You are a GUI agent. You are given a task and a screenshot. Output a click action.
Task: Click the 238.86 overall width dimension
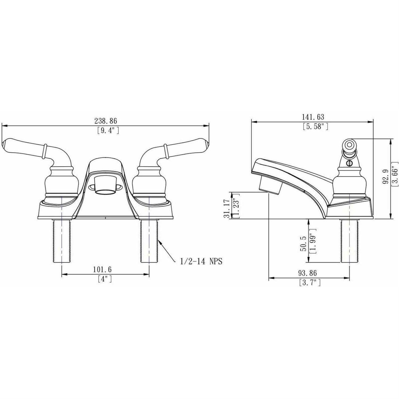point(106,121)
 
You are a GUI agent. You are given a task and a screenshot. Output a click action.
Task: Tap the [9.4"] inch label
point(106,131)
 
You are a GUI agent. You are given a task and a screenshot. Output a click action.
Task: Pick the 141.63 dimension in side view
point(313,117)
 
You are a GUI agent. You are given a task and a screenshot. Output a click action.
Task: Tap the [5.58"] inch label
point(315,126)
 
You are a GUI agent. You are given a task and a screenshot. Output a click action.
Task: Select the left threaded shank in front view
point(62,241)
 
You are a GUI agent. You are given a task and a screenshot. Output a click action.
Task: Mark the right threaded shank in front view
point(149,241)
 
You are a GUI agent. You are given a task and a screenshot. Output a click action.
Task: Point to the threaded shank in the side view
point(349,241)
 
